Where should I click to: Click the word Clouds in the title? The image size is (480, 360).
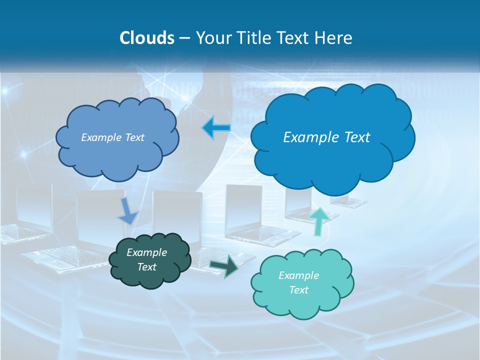coord(146,38)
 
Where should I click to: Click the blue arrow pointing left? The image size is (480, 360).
coord(216,127)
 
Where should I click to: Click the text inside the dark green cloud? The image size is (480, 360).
coord(146,260)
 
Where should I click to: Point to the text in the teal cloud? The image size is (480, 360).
coord(298,282)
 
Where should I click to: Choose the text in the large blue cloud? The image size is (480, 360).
coord(326,137)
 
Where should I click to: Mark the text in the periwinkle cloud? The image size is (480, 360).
coord(112,137)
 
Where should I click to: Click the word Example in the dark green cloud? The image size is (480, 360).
coord(146,253)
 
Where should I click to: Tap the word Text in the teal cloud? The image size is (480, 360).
coord(298,290)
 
